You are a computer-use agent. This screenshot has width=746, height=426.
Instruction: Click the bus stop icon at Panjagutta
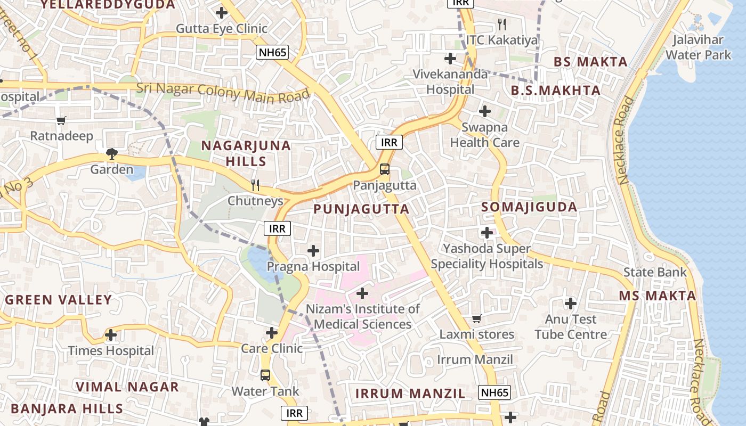click(384, 170)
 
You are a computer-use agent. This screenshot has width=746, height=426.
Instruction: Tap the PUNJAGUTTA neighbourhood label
click(361, 209)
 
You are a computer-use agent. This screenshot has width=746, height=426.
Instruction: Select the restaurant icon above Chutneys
click(255, 185)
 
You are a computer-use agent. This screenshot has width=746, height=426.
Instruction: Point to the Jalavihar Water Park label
click(698, 47)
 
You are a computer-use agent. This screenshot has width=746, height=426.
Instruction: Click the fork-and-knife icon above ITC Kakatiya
click(501, 24)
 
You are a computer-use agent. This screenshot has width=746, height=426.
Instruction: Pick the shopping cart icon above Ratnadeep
click(61, 120)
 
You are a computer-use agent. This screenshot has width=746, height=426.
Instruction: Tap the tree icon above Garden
click(111, 154)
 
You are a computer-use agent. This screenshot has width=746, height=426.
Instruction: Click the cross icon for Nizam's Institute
click(362, 293)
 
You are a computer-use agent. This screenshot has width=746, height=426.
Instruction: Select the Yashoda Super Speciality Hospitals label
click(487, 256)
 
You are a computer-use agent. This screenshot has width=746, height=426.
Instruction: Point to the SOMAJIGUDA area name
click(529, 207)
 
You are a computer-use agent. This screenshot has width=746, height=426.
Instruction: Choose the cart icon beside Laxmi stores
click(477, 318)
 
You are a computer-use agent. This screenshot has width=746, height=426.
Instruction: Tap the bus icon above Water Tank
click(265, 375)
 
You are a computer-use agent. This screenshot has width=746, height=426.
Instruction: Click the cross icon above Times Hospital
click(111, 335)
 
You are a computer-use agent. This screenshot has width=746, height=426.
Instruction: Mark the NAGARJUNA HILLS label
click(246, 153)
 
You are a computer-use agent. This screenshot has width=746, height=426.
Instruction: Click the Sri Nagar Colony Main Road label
click(223, 93)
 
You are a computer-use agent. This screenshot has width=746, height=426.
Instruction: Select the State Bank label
click(655, 273)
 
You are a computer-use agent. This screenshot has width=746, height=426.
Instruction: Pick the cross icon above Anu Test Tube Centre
click(571, 304)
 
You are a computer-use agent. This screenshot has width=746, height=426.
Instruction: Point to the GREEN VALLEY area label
click(59, 300)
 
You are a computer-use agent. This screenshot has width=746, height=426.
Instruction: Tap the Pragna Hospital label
click(313, 266)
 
